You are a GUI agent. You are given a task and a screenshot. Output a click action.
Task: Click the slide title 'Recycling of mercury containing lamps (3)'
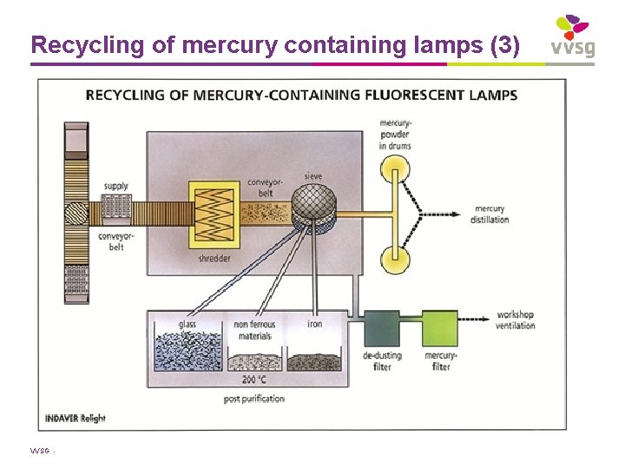[275, 44]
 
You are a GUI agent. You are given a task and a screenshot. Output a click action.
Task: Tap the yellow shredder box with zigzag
[214, 213]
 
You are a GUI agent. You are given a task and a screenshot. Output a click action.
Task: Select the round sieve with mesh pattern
[313, 206]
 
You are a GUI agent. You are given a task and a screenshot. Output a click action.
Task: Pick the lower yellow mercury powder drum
[396, 257]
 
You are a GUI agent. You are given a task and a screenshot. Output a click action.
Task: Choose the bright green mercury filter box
[440, 331]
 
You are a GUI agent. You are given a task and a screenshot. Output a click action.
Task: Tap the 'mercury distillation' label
[490, 214]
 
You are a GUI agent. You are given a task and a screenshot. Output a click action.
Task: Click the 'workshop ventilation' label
[515, 320]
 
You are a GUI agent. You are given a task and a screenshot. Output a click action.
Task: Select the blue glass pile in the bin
[187, 355]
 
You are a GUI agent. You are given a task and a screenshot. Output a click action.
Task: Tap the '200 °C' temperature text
[253, 380]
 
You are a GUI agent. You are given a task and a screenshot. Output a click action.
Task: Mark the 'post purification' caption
[253, 399]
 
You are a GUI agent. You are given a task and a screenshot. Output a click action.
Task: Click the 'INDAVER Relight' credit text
[76, 418]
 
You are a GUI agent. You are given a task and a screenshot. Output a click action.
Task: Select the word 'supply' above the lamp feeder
[115, 186]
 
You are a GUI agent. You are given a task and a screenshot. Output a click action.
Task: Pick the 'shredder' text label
[214, 258]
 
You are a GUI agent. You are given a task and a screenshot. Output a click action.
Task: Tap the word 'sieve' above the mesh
[312, 176]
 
